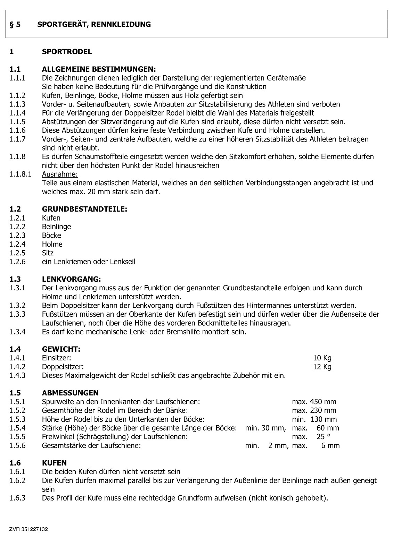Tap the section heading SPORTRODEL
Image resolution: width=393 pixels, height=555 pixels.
click(67, 52)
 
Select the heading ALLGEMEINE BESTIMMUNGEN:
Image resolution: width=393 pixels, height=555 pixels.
click(99, 69)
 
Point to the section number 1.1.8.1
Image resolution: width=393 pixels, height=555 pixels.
click(21, 174)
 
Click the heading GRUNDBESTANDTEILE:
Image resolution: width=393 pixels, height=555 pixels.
click(84, 209)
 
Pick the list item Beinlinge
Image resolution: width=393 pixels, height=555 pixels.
click(56, 227)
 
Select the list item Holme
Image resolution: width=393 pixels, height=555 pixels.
click(52, 244)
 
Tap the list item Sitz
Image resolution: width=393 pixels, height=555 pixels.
click(48, 253)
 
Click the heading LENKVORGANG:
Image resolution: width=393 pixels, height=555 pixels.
click(71, 279)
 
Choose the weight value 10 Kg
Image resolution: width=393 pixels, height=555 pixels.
click(322, 358)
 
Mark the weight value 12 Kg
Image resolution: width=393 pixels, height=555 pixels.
click(322, 367)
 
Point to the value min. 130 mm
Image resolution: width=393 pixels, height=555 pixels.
click(314, 419)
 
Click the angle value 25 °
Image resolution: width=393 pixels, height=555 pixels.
click(323, 437)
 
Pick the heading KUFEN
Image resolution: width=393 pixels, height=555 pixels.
click(54, 463)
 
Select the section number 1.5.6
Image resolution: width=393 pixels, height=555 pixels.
click(17, 446)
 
